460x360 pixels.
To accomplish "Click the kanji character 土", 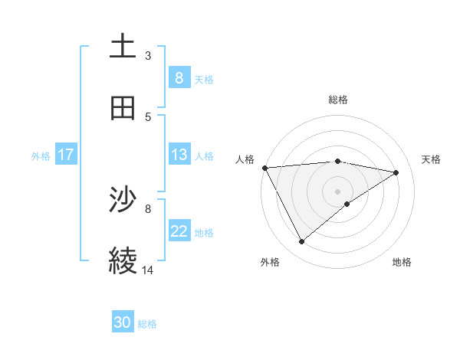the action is [123, 47].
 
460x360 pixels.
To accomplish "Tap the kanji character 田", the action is [123, 108].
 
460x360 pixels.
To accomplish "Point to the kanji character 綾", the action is [123, 260].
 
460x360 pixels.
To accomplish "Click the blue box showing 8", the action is [179, 77].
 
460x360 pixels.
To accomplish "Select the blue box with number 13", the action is [179, 155].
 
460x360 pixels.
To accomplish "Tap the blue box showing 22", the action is [179, 231].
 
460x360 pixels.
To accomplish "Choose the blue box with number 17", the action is [66, 155].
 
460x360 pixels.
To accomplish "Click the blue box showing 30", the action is [123, 322].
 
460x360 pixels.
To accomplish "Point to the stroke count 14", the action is [148, 270].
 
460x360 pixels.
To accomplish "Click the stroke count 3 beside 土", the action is [148, 55].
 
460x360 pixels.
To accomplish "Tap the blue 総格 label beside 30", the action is [147, 324].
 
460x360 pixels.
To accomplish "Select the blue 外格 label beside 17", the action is [41, 155].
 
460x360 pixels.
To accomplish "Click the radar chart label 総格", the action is [338, 100].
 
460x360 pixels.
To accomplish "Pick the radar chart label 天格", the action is [432, 159].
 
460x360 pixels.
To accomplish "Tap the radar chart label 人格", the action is [245, 159].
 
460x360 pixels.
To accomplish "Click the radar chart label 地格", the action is [402, 262].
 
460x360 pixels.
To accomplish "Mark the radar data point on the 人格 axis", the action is [264, 168].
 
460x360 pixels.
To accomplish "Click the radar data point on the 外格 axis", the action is [301, 242].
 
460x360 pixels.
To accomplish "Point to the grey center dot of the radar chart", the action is [338, 191].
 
